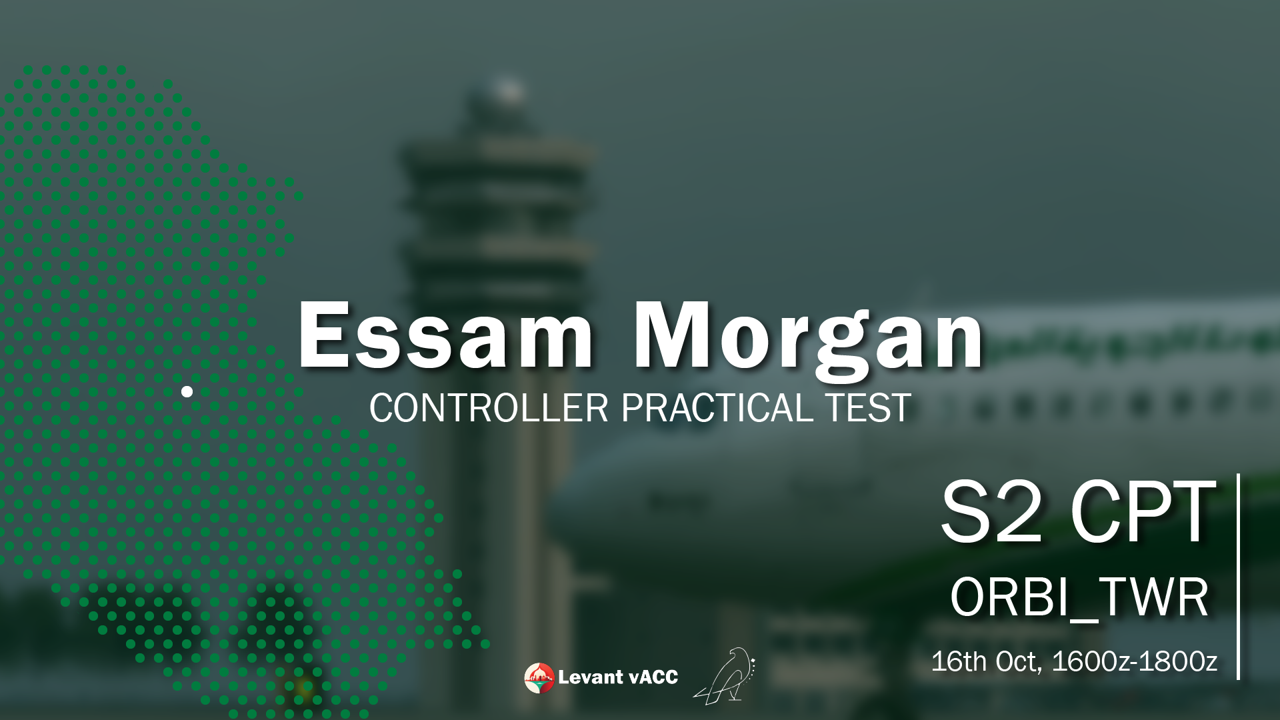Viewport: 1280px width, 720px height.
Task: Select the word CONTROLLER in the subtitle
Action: [x=489, y=408]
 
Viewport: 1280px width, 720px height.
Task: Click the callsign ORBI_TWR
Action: [x=1079, y=598]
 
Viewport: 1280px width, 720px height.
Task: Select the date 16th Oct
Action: [x=985, y=661]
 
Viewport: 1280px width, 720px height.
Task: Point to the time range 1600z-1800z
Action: [x=1135, y=661]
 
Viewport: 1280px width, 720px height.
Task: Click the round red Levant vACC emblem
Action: [x=539, y=678]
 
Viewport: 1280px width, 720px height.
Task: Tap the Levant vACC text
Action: [x=618, y=677]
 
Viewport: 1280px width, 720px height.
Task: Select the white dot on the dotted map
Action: [x=187, y=391]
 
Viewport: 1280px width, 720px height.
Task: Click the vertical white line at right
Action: [x=1238, y=577]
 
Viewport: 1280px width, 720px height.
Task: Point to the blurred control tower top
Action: [x=497, y=107]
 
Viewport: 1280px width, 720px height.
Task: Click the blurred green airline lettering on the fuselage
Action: [x=1133, y=337]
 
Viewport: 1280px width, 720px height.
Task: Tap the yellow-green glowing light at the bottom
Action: [x=305, y=685]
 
